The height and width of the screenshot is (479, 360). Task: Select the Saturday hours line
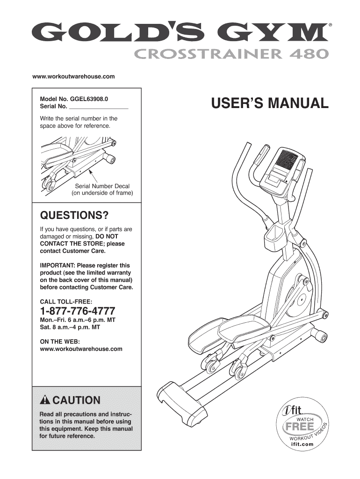70,328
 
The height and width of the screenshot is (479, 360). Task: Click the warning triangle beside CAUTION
45,400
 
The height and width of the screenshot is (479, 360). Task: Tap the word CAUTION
77,400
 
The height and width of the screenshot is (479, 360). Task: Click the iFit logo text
295,411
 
